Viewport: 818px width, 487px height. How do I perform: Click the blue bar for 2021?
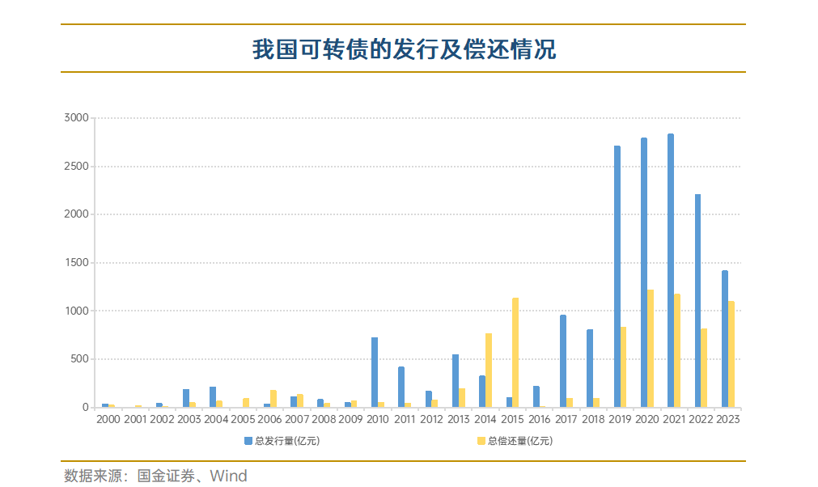pos(671,270)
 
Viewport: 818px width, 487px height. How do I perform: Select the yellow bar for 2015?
pos(515,353)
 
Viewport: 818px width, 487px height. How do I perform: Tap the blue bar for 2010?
pos(375,372)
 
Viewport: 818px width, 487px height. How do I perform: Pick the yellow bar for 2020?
pos(651,349)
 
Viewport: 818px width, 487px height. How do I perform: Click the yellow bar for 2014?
pos(489,371)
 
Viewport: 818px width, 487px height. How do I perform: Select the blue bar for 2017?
pos(563,361)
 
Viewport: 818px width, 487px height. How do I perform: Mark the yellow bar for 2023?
pos(731,354)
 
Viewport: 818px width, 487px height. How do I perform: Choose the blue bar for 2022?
pos(698,300)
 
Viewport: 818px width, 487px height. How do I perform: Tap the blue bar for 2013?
pos(456,381)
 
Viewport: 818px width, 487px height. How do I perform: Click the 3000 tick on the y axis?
pos(76,118)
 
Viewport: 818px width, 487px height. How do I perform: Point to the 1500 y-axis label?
pos(76,263)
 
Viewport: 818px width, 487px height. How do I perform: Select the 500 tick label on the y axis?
pos(79,359)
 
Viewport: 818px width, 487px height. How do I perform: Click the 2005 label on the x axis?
pos(243,420)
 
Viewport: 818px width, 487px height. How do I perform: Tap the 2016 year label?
pos(539,420)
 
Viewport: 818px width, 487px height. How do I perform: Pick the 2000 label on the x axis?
pos(108,420)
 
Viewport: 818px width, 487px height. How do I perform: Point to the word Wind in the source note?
pos(229,476)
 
